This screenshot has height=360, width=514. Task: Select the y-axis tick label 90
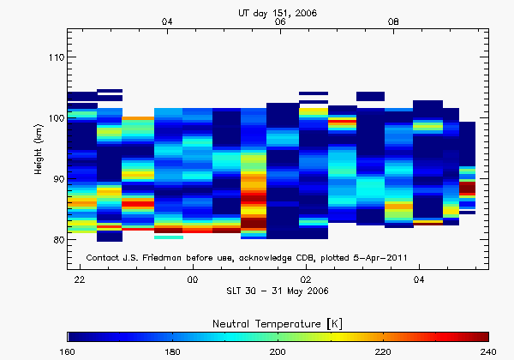click(56, 179)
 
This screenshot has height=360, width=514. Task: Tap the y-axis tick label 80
click(56, 240)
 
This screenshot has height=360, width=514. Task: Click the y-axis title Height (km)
click(39, 149)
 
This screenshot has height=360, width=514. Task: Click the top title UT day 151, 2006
click(279, 12)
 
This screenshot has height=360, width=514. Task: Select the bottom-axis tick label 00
click(193, 280)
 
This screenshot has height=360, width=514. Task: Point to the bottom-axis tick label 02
click(306, 280)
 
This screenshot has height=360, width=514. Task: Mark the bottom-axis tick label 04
click(419, 280)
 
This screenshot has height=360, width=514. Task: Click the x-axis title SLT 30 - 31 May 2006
click(279, 293)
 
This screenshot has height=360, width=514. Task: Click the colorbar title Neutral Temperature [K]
click(279, 321)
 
